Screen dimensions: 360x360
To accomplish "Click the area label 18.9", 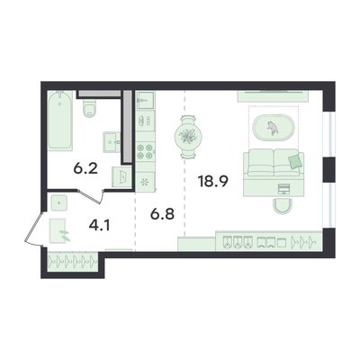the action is click(213, 181).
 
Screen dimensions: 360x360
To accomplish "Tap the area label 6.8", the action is click(162, 214).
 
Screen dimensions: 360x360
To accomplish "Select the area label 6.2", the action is click(85, 169).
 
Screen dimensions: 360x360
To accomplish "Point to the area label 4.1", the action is click(99, 225).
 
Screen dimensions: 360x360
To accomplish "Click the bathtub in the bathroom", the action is click(60, 121).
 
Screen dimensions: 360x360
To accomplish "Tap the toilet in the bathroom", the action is click(90, 108).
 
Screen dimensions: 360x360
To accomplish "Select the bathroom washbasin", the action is click(112, 142).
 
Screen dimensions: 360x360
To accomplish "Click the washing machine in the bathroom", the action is click(121, 177).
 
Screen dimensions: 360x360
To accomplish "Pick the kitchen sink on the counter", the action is click(145, 100).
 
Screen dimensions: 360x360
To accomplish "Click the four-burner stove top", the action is click(145, 151).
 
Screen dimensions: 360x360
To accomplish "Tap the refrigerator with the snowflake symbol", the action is click(145, 182).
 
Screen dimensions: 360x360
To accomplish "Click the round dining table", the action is click(188, 137).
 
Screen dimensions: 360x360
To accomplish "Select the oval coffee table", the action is click(274, 128).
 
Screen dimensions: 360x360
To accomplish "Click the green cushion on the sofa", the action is click(295, 161).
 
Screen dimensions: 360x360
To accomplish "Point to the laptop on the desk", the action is click(283, 189).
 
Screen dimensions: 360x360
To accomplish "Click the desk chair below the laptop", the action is click(283, 206).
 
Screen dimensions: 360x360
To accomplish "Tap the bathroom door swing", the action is click(91, 196).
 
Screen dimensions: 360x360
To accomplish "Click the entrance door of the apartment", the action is click(33, 228).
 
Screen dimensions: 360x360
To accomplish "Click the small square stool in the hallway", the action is click(58, 202).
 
